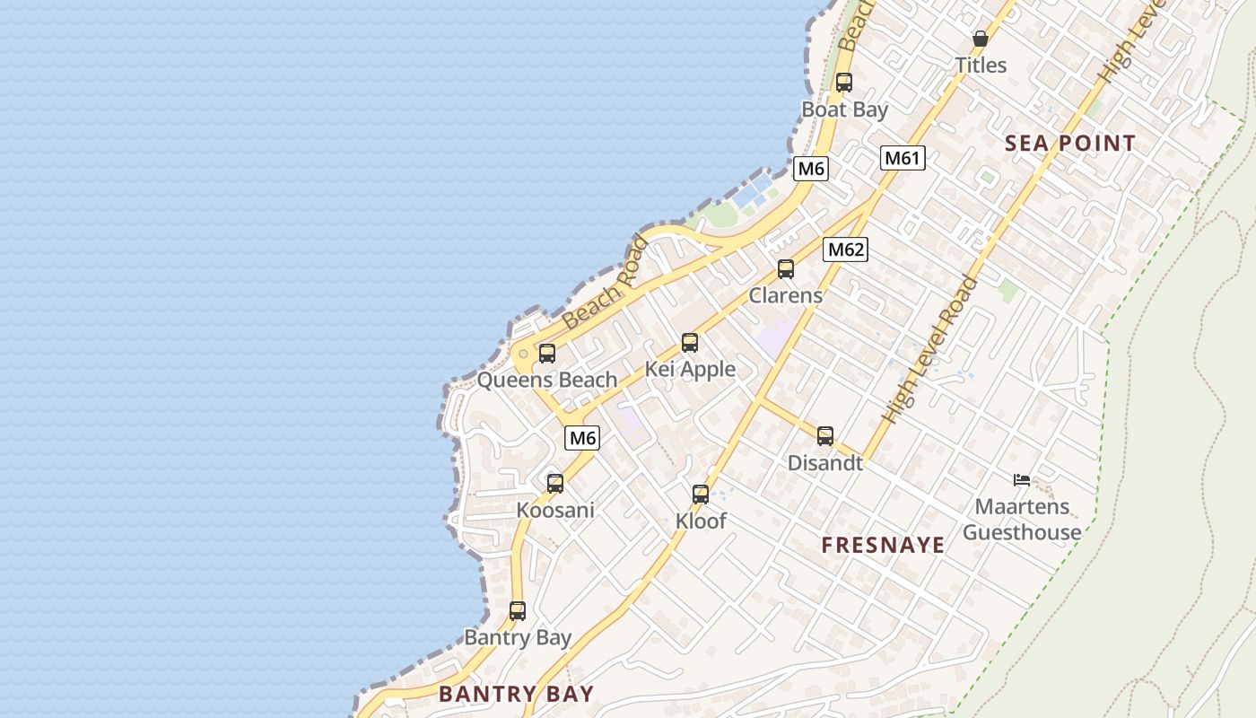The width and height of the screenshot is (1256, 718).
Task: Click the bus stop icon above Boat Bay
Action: [843, 83]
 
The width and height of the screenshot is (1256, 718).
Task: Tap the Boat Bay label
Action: [844, 109]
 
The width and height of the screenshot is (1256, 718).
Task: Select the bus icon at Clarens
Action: [786, 268]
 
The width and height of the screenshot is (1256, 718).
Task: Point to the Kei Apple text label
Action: [690, 369]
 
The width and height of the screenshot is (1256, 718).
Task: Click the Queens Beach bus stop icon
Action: [547, 353]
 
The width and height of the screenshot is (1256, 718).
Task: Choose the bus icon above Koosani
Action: [555, 483]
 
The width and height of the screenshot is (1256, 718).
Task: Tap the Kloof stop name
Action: [701, 521]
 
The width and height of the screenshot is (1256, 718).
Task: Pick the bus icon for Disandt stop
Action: [825, 436]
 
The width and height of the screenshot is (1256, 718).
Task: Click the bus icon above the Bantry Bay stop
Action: [518, 611]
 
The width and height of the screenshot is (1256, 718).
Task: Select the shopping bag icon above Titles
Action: [981, 39]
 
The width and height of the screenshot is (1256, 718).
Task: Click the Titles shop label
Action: [981, 65]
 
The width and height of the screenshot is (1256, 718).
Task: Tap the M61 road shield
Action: [903, 158]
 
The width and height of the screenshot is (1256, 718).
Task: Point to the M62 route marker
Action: [845, 249]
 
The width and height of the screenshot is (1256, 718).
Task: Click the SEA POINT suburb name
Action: [1070, 143]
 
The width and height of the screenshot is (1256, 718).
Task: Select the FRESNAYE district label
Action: [883, 545]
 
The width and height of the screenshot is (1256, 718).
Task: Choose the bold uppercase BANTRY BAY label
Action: [516, 693]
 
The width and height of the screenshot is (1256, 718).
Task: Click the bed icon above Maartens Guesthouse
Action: [1021, 479]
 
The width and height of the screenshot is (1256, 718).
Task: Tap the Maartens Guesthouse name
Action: [1022, 519]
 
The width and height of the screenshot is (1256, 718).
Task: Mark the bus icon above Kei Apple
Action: [690, 342]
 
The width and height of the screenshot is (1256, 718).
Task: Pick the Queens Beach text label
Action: [547, 380]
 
